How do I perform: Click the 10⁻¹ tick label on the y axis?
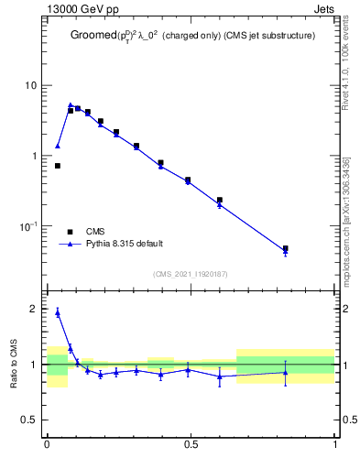point(30,225)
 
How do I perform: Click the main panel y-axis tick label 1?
point(36,156)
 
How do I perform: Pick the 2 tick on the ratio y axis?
point(36,309)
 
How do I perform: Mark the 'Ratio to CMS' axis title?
point(14,365)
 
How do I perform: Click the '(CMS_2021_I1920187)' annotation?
point(191,274)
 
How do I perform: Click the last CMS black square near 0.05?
point(286,248)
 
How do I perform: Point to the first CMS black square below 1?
point(58,166)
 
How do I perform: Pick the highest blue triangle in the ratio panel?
point(58,312)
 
